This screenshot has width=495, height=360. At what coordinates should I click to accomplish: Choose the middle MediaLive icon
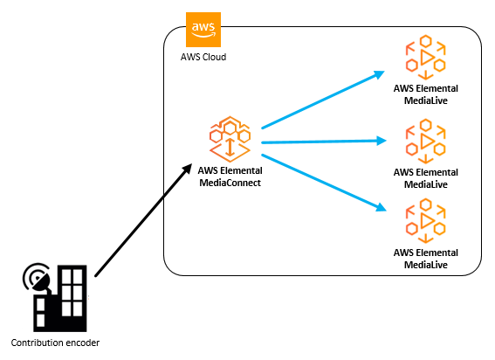coord(426,141)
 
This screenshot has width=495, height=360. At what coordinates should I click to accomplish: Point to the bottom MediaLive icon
coord(426,222)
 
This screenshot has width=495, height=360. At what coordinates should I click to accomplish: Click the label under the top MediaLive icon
coord(426,93)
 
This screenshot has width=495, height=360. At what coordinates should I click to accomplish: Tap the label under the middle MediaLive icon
coord(426,177)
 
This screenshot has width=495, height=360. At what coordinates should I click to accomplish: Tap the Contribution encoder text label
coord(56,342)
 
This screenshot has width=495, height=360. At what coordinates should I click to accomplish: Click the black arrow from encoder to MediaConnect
coord(140,223)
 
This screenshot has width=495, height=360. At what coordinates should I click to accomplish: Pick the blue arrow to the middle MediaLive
coord(319,140)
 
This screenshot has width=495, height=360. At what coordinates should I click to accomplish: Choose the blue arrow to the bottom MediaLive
coord(319,181)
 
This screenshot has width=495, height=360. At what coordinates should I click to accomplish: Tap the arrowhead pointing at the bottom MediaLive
coord(380,207)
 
